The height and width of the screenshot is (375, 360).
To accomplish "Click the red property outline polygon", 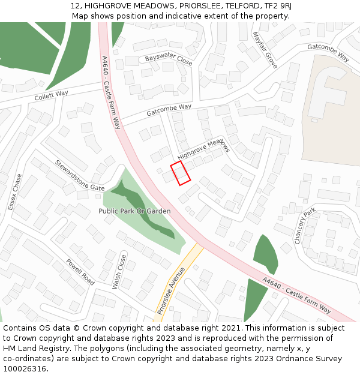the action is (181, 173).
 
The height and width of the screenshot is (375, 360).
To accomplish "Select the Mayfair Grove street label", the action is (265, 50).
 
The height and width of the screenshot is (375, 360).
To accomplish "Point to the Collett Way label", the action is (51, 95).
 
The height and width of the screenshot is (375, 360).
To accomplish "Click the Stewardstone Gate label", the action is (80, 175).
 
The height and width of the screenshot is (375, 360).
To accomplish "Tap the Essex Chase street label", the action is (15, 192).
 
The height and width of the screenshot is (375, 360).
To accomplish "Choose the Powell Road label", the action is (80, 272).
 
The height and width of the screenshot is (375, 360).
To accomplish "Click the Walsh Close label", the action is (119, 272).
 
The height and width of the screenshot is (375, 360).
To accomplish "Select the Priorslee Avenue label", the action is (171, 290).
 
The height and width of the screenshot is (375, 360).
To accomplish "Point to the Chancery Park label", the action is (305, 226).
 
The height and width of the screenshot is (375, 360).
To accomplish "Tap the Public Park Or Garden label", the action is (134, 211).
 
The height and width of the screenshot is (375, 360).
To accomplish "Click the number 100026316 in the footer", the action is (25, 369).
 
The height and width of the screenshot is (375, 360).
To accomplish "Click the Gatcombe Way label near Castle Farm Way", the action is (169, 110).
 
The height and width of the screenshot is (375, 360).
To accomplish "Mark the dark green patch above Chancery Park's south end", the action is (266, 253).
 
